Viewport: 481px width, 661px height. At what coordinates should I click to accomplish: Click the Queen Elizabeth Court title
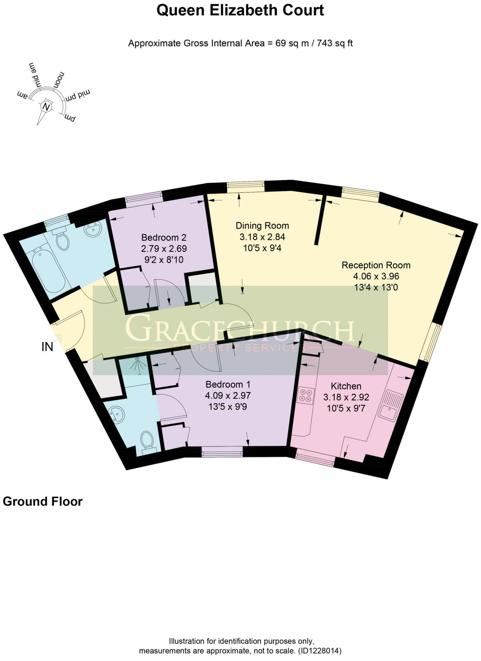[240, 10]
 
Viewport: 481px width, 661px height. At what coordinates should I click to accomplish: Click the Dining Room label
[262, 226]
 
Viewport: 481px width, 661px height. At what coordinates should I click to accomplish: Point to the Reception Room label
[376, 265]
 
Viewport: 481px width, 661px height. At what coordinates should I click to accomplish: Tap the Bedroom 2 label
[164, 238]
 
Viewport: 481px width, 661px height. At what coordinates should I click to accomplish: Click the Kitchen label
[346, 386]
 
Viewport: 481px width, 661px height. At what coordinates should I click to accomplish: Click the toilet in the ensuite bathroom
[147, 441]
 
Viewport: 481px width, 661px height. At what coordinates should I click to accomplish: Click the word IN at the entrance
[47, 347]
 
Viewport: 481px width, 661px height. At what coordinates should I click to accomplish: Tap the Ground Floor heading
[43, 502]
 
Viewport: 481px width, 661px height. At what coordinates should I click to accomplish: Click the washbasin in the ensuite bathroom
[116, 413]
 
